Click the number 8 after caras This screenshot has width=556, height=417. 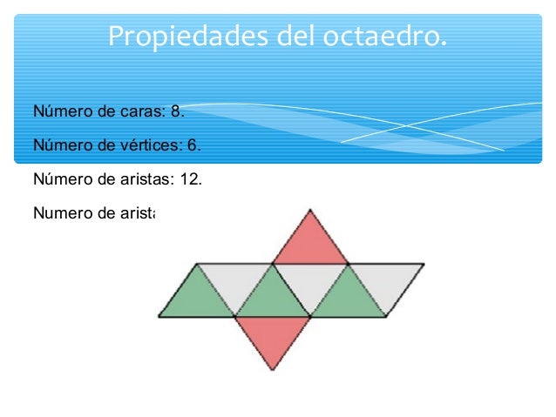coord(176,112)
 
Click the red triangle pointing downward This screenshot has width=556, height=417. coord(273,336)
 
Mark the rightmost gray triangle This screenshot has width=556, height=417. coord(386,281)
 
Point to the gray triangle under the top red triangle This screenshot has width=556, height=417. coord(310,281)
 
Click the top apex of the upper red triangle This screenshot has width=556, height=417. coord(310,210)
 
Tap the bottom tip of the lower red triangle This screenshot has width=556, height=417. coord(273,370)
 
